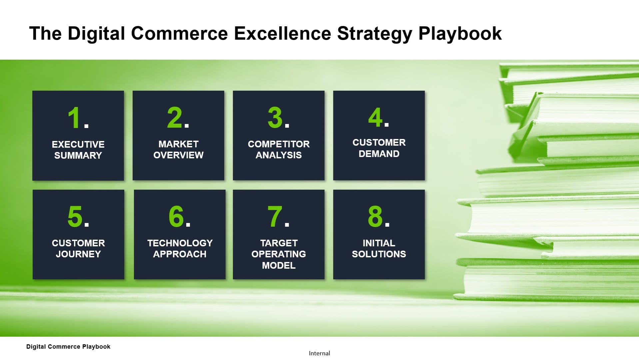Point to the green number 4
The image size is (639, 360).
point(375,117)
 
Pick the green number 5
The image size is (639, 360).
point(75,216)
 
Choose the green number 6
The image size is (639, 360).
point(176,216)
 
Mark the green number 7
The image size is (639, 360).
point(275,216)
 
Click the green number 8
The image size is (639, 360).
point(375,216)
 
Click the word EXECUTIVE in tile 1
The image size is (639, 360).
point(78,144)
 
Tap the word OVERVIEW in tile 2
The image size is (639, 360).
point(178,155)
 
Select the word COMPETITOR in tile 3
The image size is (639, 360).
point(279,144)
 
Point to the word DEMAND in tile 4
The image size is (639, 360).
point(379,154)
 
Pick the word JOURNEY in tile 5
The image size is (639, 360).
point(78,254)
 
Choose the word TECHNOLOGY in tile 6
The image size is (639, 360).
point(180,243)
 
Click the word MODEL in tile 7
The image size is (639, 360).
point(279,265)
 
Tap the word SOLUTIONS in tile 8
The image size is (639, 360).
point(379,254)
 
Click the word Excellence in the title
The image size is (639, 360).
point(283,33)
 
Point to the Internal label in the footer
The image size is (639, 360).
point(319,353)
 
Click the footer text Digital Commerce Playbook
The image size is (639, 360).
point(68,347)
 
